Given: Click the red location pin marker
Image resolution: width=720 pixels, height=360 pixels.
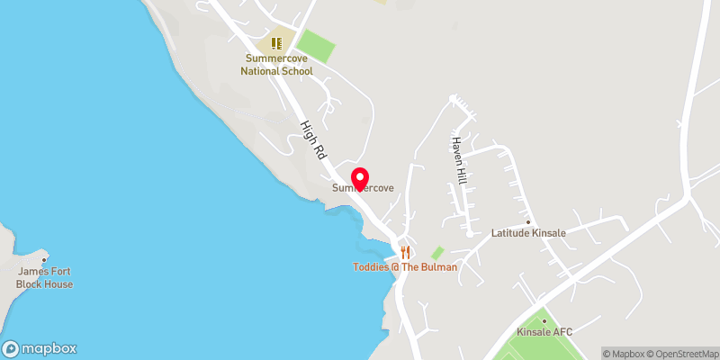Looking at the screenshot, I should (x=360, y=178).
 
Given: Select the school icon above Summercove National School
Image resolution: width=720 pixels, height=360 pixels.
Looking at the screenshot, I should (x=277, y=42).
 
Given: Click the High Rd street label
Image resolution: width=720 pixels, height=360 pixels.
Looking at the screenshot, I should (x=311, y=141).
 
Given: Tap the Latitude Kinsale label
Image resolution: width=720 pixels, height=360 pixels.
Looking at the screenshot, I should (x=528, y=233).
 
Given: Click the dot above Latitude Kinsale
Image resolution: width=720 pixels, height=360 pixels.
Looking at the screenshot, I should (x=528, y=220).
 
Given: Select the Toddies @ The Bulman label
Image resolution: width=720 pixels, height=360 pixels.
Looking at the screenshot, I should (x=405, y=267).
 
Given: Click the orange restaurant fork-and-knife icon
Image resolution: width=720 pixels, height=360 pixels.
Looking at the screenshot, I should (x=405, y=252).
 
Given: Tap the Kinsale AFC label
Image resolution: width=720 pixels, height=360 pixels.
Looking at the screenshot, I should (x=544, y=332).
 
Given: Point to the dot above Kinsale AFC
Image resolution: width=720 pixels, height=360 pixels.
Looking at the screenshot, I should (x=544, y=320).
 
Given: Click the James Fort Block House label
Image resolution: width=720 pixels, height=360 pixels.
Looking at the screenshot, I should (x=44, y=277).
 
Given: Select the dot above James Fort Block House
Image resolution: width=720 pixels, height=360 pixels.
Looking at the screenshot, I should (x=44, y=259).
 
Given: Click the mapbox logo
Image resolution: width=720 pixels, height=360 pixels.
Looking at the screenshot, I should (x=40, y=348).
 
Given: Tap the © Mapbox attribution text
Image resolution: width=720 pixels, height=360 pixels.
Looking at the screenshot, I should (x=626, y=354).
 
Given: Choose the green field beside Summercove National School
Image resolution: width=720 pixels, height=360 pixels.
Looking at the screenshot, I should (x=316, y=45).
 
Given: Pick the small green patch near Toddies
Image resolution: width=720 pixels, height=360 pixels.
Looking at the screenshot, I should (x=437, y=254).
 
